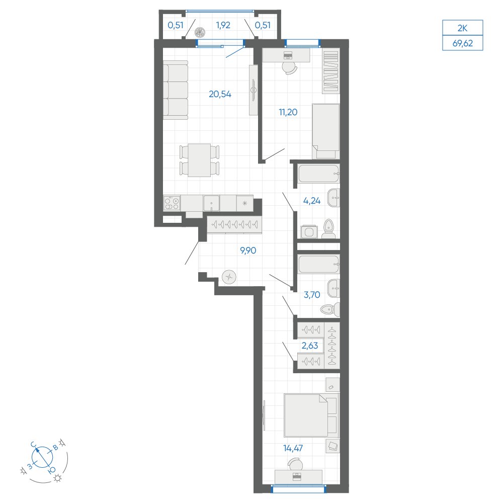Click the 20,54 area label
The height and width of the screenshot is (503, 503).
(220, 94)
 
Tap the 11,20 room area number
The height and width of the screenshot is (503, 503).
(288, 112)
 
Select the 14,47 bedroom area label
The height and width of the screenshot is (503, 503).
(293, 448)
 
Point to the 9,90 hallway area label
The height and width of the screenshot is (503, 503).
(248, 250)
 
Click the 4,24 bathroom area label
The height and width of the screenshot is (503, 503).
(312, 201)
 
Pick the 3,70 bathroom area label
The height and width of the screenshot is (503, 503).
(312, 294)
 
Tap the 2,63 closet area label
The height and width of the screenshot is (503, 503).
(310, 346)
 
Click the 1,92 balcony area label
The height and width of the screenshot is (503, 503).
(223, 25)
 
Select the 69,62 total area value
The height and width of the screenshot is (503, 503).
(463, 43)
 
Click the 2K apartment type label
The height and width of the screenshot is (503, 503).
(463, 28)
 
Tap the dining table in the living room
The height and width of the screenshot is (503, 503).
(199, 160)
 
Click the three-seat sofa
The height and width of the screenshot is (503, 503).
(176, 90)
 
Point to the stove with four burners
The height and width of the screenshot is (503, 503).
(172, 203)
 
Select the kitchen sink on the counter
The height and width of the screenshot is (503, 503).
(211, 203)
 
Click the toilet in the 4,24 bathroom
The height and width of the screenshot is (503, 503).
(328, 229)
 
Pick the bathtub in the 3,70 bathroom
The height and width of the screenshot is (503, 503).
(318, 264)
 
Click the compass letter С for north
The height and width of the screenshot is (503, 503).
(33, 444)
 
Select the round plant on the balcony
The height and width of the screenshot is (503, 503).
(201, 32)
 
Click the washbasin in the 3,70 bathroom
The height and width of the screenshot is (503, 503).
(333, 288)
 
